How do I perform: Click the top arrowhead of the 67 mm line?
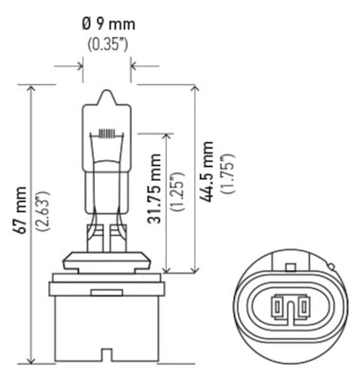[x=33, y=88]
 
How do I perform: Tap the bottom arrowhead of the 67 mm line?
[x=33, y=362]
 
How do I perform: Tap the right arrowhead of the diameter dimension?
[x=131, y=66]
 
